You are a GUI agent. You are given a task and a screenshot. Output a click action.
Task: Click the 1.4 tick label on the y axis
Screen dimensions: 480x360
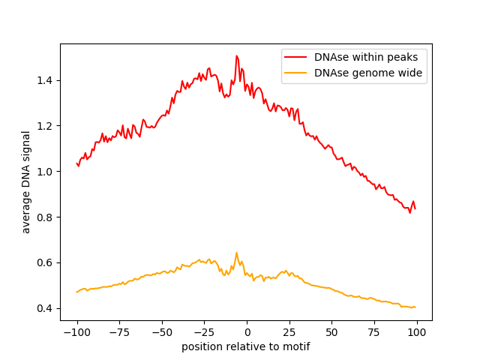(44, 80)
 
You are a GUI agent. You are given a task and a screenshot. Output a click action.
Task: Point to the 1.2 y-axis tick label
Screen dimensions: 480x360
(44, 126)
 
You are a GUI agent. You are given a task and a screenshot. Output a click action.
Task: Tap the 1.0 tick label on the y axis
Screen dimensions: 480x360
(44, 172)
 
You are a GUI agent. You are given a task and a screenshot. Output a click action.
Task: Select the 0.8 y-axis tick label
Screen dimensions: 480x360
(44, 217)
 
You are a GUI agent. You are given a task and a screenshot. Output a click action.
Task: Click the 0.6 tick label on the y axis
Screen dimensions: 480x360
(44, 263)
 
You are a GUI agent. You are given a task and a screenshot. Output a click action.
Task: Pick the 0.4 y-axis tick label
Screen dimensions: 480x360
(44, 308)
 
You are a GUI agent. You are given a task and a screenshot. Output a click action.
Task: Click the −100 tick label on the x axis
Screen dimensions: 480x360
(76, 332)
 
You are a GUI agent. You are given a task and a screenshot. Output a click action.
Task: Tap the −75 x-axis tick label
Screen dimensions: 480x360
(119, 332)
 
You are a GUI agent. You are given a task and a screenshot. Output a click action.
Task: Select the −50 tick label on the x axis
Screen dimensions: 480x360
(162, 332)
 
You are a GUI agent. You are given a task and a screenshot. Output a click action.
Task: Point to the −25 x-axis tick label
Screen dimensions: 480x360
(204, 332)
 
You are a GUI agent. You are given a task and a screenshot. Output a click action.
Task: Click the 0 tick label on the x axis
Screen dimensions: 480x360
(247, 332)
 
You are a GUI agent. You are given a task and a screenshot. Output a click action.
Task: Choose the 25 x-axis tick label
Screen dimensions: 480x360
(289, 332)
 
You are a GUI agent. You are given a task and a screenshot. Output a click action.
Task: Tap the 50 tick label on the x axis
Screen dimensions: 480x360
(331, 332)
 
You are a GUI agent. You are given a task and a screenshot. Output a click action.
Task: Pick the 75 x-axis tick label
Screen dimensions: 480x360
(374, 332)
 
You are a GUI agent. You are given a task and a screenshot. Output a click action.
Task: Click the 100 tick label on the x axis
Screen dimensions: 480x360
(417, 332)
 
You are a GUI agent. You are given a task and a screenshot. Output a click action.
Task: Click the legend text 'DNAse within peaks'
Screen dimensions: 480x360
(366, 57)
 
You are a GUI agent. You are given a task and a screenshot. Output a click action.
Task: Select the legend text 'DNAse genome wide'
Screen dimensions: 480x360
(368, 73)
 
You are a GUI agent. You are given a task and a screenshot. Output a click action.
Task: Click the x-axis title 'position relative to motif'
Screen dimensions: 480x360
(246, 346)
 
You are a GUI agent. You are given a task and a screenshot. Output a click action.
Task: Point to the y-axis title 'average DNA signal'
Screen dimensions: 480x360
(26, 182)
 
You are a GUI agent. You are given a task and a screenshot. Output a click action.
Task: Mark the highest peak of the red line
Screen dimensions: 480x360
(237, 55)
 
